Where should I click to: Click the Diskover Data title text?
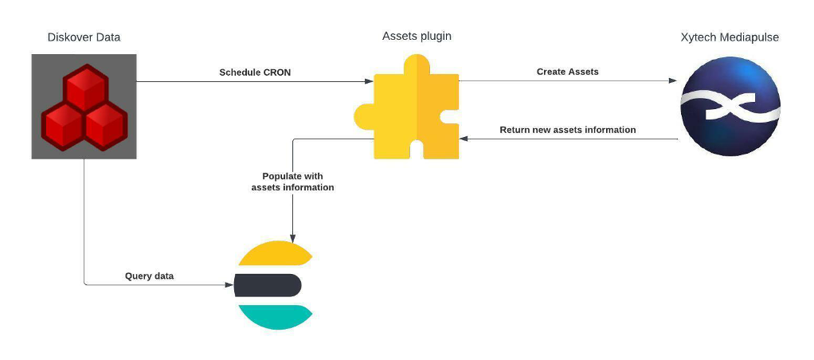[84, 37]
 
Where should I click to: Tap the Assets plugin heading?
[417, 37]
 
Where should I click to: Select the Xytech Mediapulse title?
[730, 37]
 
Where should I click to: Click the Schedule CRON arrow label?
[255, 72]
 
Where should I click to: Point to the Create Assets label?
[567, 72]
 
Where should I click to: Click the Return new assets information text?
[568, 129]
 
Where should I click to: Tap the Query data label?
[149, 276]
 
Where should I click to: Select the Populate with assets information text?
[293, 182]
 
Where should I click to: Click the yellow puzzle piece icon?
[406, 107]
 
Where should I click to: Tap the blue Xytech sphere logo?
[730, 106]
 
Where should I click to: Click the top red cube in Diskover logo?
[85, 88]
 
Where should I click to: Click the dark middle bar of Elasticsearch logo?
[268, 285]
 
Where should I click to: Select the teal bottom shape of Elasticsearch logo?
[275, 318]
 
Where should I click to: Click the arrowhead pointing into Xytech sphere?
[673, 80]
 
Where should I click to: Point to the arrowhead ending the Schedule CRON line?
[370, 81]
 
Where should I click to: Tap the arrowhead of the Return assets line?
[464, 139]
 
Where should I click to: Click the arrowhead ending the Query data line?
[229, 284]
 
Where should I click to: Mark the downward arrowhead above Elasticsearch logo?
[293, 239]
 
